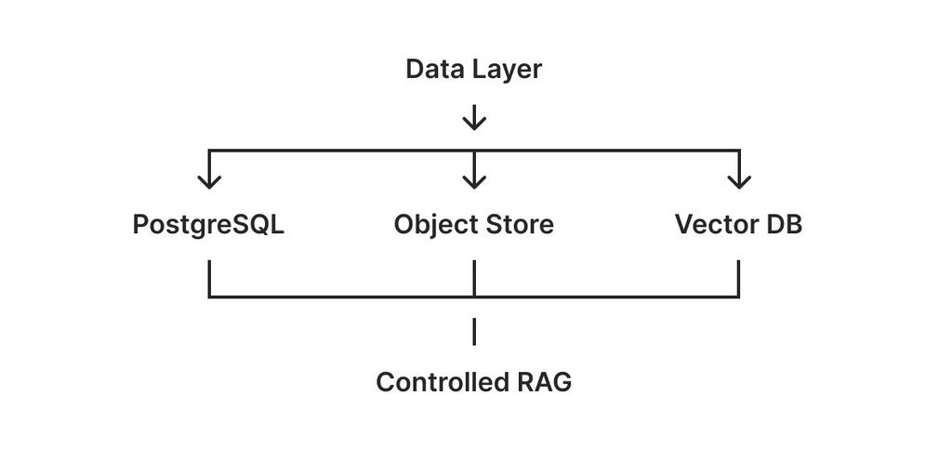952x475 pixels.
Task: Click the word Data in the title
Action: tap(433, 69)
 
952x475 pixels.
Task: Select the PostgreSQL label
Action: tap(208, 226)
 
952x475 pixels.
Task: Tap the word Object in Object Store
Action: tap(436, 226)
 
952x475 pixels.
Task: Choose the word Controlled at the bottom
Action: tap(443, 382)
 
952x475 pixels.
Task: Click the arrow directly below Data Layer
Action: tap(474, 117)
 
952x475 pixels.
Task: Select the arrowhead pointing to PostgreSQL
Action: tap(209, 180)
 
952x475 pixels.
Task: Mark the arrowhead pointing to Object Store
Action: tap(474, 180)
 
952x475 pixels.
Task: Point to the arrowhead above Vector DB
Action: tap(739, 180)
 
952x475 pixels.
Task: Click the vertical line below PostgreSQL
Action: tap(209, 279)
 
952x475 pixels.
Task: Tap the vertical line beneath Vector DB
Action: tap(739, 279)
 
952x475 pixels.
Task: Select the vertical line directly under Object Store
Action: tap(474, 279)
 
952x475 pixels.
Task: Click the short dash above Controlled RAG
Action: tap(474, 332)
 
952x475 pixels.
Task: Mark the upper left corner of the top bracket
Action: tap(209, 150)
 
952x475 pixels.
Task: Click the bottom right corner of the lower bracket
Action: tap(739, 297)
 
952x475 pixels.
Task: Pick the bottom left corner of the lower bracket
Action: tap(209, 297)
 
